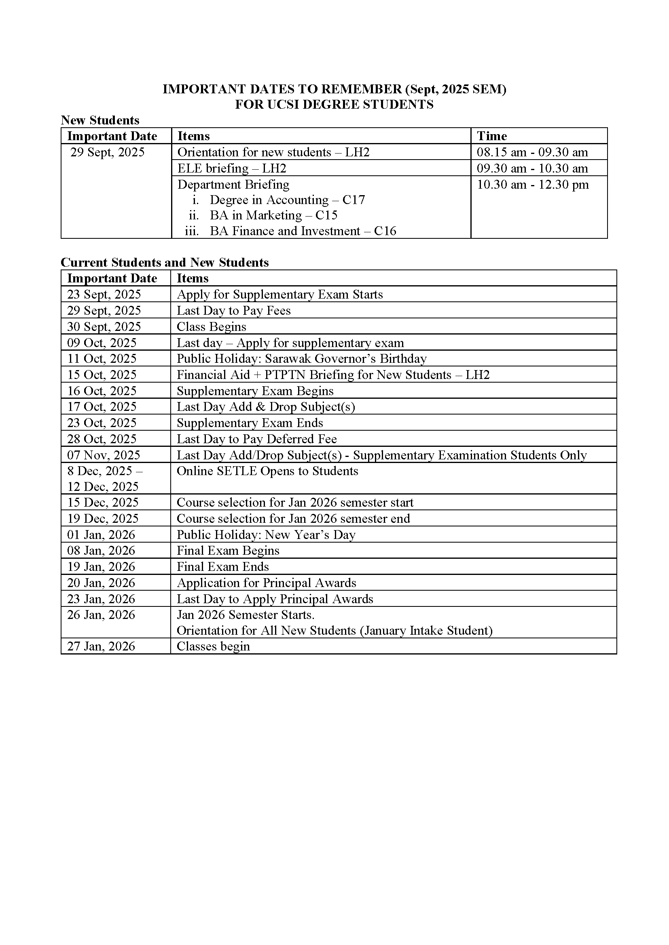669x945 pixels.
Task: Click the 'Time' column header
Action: (491, 136)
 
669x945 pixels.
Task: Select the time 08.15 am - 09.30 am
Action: (532, 152)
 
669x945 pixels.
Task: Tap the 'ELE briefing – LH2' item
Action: (231, 168)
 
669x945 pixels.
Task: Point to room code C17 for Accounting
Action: (354, 200)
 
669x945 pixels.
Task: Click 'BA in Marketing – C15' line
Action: (273, 215)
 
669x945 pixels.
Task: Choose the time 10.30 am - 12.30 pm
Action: (533, 184)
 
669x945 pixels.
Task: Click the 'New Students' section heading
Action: (100, 120)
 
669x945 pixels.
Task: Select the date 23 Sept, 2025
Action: (104, 294)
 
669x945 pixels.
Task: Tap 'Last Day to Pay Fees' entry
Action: (233, 310)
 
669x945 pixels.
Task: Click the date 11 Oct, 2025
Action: (102, 358)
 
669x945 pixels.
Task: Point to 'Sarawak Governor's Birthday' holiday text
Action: (345, 358)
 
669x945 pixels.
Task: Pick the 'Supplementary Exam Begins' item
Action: (254, 391)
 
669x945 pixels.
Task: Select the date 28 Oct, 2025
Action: (102, 439)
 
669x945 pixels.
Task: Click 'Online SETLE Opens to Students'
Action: (267, 471)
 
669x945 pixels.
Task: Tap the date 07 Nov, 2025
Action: (104, 455)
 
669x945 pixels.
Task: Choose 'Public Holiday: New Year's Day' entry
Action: (266, 535)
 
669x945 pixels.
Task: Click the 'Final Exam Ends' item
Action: (222, 567)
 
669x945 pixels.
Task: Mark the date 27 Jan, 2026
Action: (101, 646)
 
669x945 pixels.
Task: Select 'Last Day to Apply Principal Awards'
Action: (275, 599)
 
